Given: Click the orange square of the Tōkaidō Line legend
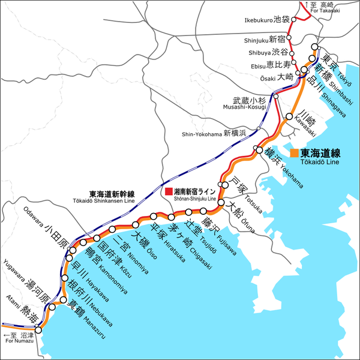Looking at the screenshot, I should (294, 152).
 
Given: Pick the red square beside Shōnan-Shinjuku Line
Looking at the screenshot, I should (169, 191).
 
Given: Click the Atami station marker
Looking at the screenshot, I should (38, 329).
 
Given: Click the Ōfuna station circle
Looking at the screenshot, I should (221, 204).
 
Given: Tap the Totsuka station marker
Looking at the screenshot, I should (226, 184).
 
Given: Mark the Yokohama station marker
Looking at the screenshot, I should (259, 149).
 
